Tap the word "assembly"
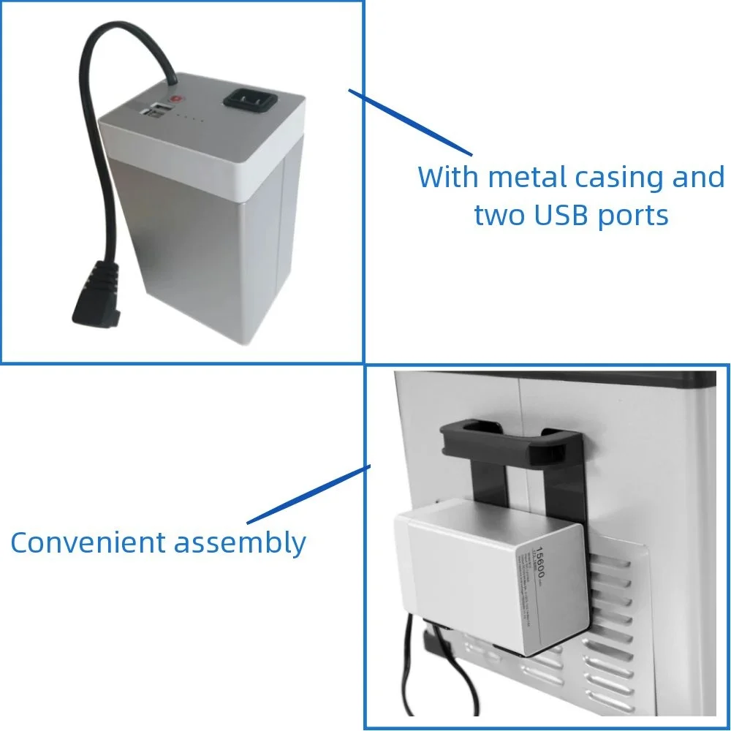point(239,544)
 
